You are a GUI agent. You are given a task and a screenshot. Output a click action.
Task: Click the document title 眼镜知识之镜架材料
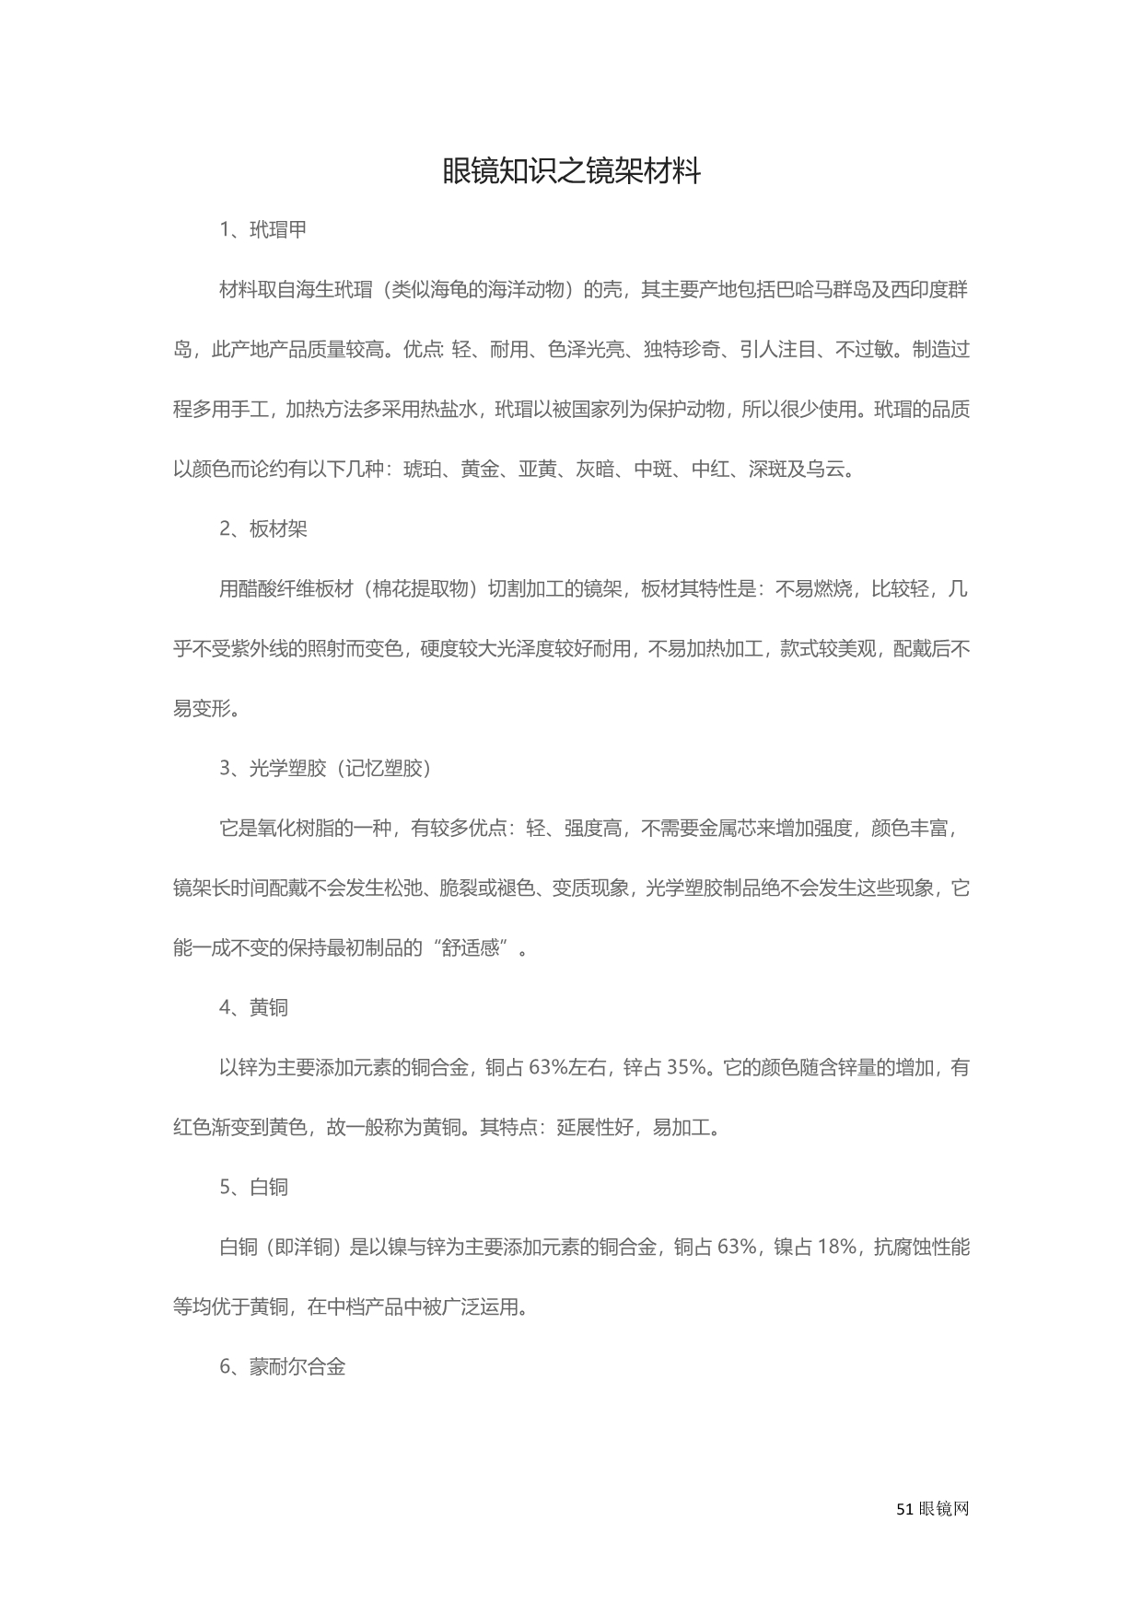(571, 171)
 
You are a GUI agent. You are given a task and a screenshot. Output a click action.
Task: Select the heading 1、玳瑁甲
(262, 230)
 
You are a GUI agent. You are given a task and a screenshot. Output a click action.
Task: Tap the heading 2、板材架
(262, 529)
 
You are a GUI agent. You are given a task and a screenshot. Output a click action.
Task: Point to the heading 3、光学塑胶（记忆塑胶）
(326, 769)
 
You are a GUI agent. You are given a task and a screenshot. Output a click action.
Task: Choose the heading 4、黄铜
(253, 1008)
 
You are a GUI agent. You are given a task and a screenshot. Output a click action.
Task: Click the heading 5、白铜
(253, 1188)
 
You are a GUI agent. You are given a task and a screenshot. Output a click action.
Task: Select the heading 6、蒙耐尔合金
(282, 1367)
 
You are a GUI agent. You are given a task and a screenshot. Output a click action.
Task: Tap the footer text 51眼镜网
(932, 1509)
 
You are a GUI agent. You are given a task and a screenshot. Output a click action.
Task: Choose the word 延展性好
(595, 1128)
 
